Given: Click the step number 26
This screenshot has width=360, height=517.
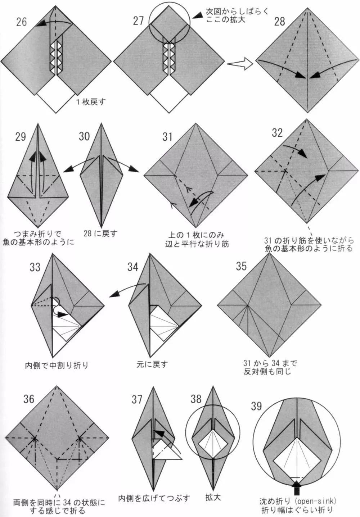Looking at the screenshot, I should click(x=22, y=22).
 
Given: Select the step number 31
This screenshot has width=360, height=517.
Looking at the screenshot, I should click(x=167, y=137).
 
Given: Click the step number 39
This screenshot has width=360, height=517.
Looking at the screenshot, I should click(x=256, y=406).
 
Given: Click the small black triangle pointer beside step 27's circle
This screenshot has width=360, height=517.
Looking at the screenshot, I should click(x=197, y=15).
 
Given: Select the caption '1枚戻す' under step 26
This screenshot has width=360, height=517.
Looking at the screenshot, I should click(x=91, y=101).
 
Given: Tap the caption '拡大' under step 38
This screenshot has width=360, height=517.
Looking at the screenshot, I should click(x=213, y=497).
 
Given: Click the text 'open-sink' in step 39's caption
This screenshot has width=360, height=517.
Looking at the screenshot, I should click(x=318, y=501).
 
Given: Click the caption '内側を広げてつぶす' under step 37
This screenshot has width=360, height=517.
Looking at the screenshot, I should click(x=154, y=498).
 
